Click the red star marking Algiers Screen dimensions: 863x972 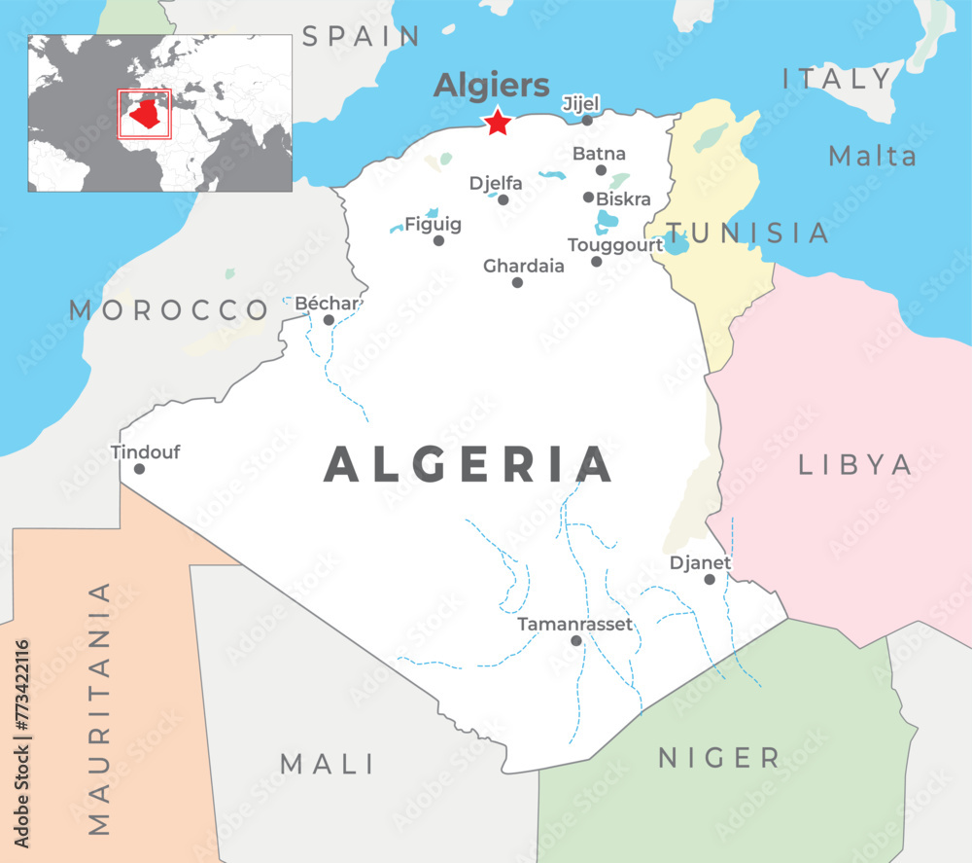point(498,123)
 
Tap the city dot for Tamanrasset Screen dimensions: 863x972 point(576,640)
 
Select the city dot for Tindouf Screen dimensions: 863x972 point(139,469)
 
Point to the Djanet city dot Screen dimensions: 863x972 point(710,579)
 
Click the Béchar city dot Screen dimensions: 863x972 point(329,319)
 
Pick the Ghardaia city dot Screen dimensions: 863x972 point(517,282)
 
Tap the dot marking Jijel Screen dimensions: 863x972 point(587,120)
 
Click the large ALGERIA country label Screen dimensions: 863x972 point(469,465)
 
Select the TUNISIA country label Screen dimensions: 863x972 point(748,234)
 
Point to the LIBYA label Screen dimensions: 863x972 point(855,465)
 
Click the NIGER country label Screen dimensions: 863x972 point(718,758)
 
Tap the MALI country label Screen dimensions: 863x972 point(328,764)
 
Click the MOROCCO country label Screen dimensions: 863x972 point(168,310)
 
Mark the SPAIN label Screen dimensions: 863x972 point(361,37)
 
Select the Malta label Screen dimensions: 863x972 point(872,156)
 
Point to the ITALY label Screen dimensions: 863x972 point(838,79)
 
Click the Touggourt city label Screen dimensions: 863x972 point(615,245)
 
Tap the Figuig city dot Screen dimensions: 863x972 point(438,240)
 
